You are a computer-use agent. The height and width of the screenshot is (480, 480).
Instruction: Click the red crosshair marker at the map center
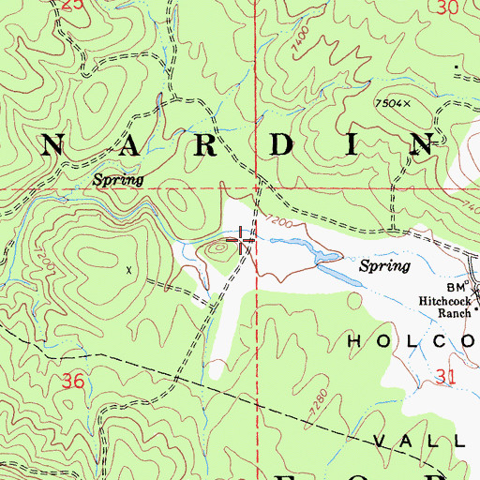pyautogui.click(x=243, y=242)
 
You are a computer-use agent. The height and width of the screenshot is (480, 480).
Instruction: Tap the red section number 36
pyautogui.click(x=55, y=382)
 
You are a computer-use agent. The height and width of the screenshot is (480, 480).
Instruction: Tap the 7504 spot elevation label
pyautogui.click(x=394, y=102)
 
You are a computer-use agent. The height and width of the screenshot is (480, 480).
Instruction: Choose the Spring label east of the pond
pyautogui.click(x=386, y=266)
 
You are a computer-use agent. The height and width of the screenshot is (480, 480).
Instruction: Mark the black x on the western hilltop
pyautogui.click(x=129, y=268)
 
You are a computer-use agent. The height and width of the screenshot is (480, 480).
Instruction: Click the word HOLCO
pyautogui.click(x=412, y=341)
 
